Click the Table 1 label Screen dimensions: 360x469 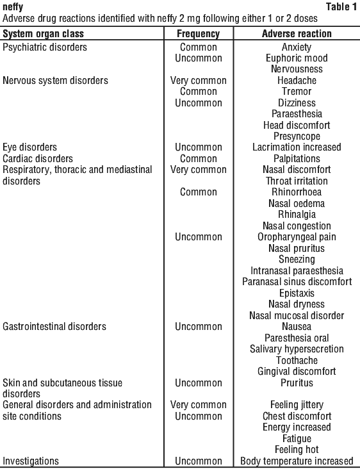click(x=341, y=6)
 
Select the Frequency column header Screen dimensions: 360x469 click(x=198, y=33)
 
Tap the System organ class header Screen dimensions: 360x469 click(x=43, y=33)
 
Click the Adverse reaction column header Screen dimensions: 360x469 click(x=297, y=33)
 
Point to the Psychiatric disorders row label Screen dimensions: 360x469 click(x=45, y=47)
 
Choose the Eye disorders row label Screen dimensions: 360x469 click(x=29, y=147)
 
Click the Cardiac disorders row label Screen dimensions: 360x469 click(x=38, y=158)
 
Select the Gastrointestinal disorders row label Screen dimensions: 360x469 click(x=54, y=326)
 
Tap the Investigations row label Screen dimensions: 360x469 click(x=31, y=461)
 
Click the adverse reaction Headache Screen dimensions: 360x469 click(x=297, y=81)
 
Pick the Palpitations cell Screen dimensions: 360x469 click(x=297, y=158)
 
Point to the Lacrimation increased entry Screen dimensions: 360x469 click(x=297, y=147)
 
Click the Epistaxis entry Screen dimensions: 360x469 click(x=297, y=293)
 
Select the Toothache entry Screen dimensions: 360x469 click(x=297, y=360)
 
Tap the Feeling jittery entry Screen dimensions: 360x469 click(x=297, y=405)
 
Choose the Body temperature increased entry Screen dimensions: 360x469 click(x=297, y=461)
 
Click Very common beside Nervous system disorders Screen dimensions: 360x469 click(x=198, y=81)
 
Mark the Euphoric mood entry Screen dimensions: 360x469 click(x=297, y=58)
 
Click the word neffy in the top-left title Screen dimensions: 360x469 click(x=13, y=6)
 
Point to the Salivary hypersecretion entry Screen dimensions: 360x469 click(x=297, y=349)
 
